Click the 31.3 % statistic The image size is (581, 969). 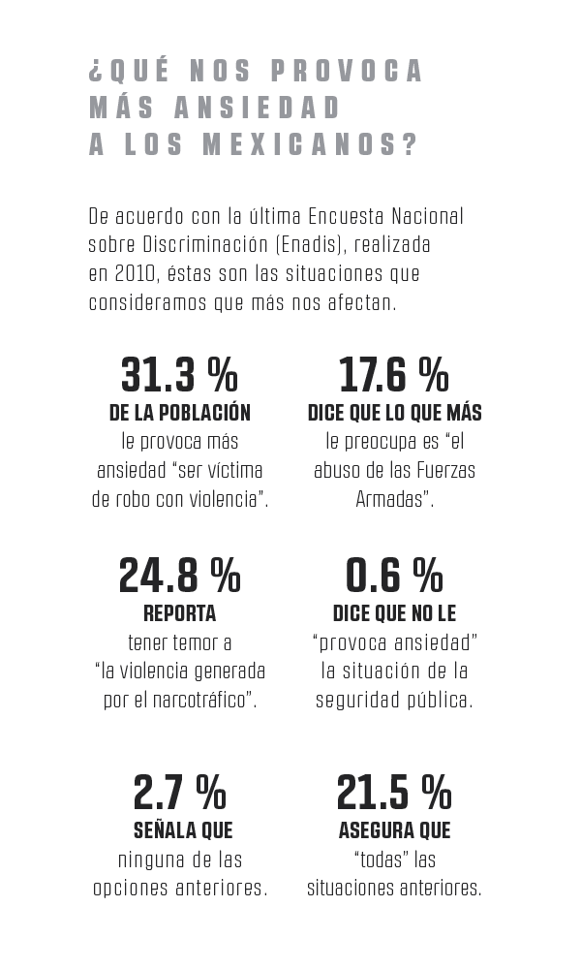pyautogui.click(x=180, y=375)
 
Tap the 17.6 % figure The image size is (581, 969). pyautogui.click(x=394, y=375)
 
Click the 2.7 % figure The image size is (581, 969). pyautogui.click(x=180, y=793)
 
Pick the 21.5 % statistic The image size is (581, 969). pyautogui.click(x=394, y=793)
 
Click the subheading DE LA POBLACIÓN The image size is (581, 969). pyautogui.click(x=180, y=413)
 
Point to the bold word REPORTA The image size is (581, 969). pyautogui.click(x=180, y=613)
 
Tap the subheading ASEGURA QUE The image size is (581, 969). pyautogui.click(x=394, y=830)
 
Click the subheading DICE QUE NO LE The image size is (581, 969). pyautogui.click(x=394, y=613)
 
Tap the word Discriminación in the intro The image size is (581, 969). pyautogui.click(x=205, y=244)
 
